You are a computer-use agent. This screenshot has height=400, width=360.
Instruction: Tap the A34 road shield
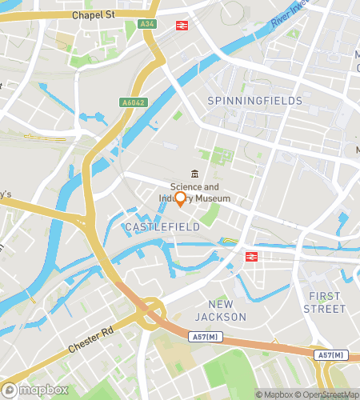point(146,25)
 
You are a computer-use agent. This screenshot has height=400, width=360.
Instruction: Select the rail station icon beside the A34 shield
point(182,25)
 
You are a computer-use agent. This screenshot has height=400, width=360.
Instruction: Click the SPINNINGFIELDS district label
point(254,101)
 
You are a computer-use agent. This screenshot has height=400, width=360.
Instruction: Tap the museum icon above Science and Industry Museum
point(193,174)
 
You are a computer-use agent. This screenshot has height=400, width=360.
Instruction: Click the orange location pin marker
point(181,199)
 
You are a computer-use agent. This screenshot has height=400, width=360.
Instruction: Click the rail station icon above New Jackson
point(250,256)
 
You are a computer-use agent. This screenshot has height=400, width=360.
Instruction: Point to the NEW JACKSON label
point(226,310)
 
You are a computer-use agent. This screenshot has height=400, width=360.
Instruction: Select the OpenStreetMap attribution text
point(326,394)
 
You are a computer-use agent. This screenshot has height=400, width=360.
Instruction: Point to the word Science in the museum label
point(186,187)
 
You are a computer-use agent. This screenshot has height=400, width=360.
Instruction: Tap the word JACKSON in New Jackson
point(226,317)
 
